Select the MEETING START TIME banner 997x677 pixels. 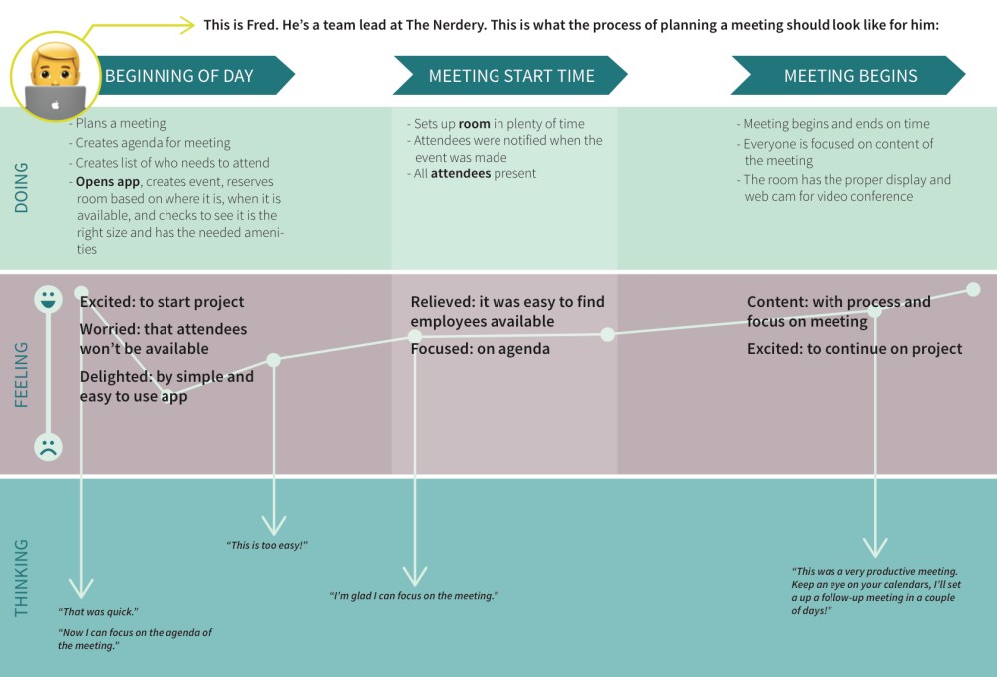pos(510,76)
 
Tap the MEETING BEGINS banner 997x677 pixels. pos(849,76)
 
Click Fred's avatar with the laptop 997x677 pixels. pos(56,78)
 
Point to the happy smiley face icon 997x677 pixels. pos(47,298)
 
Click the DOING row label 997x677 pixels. pos(22,187)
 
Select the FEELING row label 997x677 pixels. pos(22,374)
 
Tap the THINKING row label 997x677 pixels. pos(22,578)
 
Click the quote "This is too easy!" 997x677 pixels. pos(267,545)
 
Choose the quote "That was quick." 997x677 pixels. pos(98,611)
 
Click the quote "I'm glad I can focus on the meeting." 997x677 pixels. pos(414,595)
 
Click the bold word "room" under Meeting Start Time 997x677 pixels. pos(474,124)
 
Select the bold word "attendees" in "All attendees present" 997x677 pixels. pos(461,173)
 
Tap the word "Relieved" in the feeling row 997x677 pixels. pos(443,301)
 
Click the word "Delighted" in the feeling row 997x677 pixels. pos(115,377)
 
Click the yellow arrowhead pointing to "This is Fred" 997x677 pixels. pos(186,25)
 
